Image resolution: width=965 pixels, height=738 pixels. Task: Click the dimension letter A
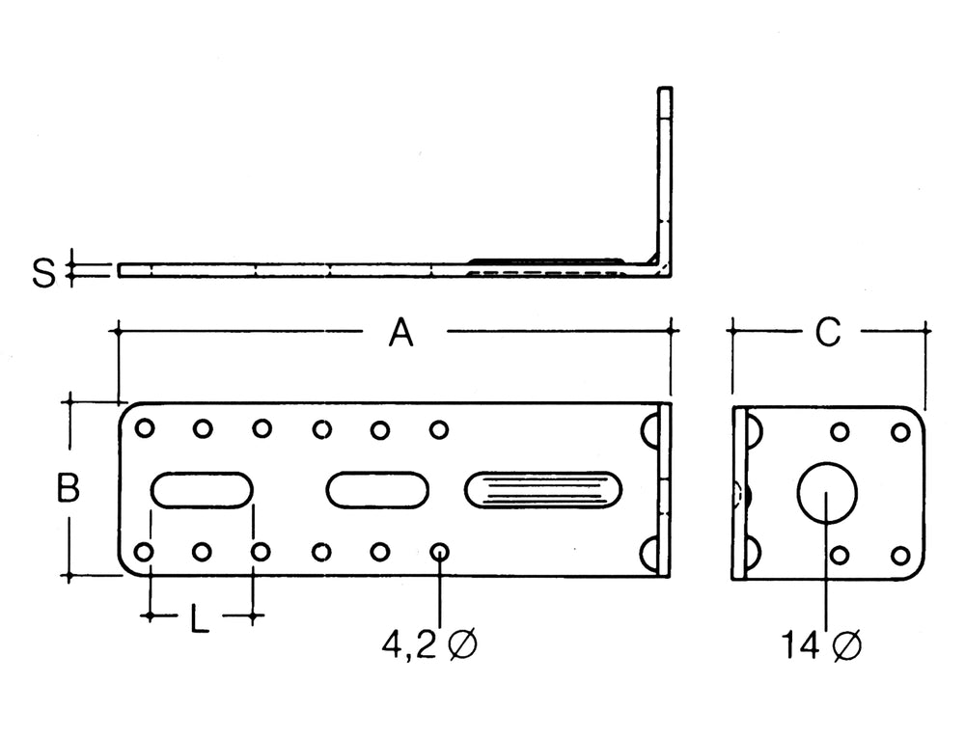click(x=400, y=333)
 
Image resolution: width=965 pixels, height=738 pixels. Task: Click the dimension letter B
click(x=67, y=489)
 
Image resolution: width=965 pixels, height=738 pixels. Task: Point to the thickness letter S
click(x=43, y=273)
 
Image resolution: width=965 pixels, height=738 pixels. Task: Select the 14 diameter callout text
click(x=821, y=644)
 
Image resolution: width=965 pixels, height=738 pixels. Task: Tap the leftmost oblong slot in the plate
click(x=202, y=489)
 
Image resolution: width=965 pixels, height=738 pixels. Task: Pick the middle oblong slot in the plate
click(x=377, y=489)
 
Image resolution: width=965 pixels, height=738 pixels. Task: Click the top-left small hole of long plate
click(x=144, y=428)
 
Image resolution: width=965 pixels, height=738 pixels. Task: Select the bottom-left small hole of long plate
click(x=143, y=552)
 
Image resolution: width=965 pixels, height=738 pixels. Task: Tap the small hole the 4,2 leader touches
click(x=439, y=552)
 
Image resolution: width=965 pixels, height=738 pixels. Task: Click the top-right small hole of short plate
click(x=900, y=431)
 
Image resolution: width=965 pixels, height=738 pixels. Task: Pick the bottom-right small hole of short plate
click(x=900, y=556)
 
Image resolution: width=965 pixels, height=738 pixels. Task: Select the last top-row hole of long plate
click(x=439, y=428)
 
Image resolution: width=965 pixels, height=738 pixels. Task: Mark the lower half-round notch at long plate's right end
click(x=652, y=553)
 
